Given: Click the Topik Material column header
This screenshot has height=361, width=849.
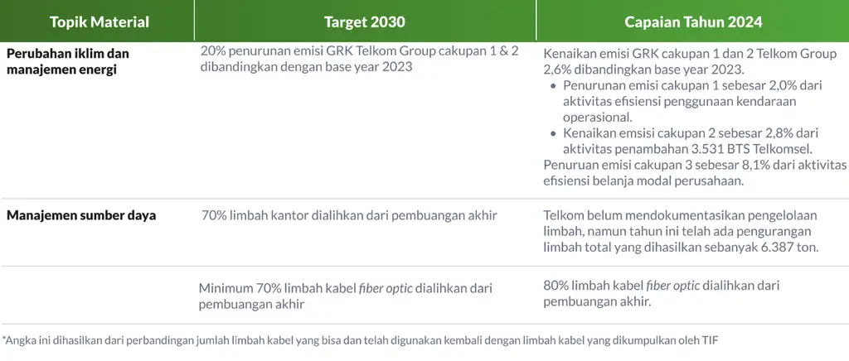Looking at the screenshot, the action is coord(99,22).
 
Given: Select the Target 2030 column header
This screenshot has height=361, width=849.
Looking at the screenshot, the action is coord(365,22).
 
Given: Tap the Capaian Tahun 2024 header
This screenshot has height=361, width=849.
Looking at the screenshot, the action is coord(693,22).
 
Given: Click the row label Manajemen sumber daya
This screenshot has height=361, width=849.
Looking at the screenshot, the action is coord(81,215).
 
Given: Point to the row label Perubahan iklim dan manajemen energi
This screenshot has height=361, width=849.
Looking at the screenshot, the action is coord(68,61).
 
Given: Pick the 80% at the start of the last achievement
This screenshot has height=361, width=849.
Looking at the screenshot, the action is coord(555,286).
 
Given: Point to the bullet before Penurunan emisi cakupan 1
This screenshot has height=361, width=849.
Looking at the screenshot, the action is coord(553,86).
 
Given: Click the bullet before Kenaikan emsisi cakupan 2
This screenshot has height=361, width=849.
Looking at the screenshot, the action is coord(553,133).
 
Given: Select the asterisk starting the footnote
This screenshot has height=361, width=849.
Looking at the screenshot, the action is coord(4,339).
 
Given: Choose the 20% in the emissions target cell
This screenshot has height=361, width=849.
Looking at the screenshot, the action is coord(211,51).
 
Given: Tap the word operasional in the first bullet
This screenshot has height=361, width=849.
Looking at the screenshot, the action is coord(594,118).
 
